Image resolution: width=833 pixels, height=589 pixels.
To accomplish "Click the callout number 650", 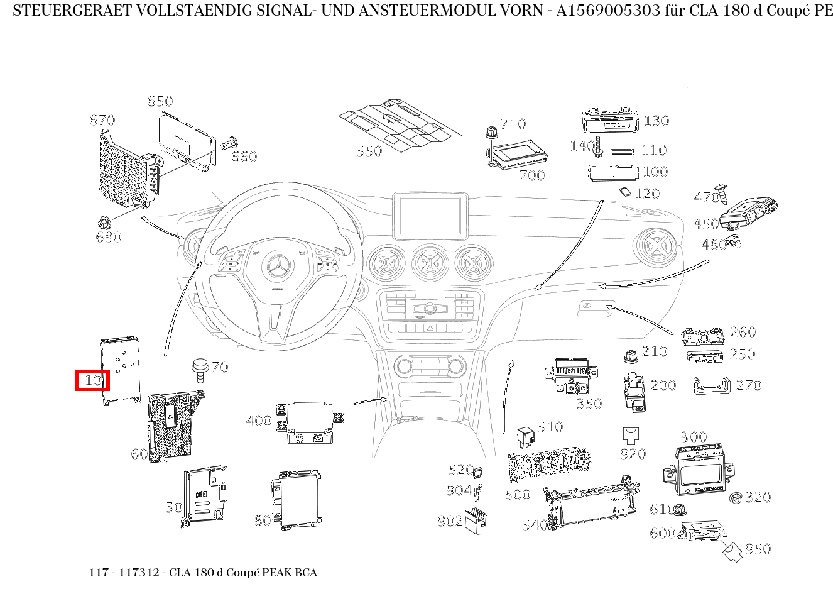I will (160, 101).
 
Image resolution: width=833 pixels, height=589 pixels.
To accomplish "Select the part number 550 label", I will (369, 151).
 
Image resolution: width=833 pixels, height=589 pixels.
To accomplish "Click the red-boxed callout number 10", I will (93, 380).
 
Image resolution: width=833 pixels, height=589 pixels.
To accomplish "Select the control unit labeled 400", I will (310, 422).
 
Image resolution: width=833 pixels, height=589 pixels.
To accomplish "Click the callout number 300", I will (694, 437).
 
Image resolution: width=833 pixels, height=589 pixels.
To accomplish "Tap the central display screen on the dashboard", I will (430, 216).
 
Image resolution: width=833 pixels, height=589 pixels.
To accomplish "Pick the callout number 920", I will (633, 454).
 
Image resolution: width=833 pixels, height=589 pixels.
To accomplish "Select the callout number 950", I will (758, 549).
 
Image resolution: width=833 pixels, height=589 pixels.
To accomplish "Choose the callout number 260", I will (743, 332).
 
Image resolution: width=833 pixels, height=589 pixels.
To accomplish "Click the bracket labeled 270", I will (711, 385).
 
